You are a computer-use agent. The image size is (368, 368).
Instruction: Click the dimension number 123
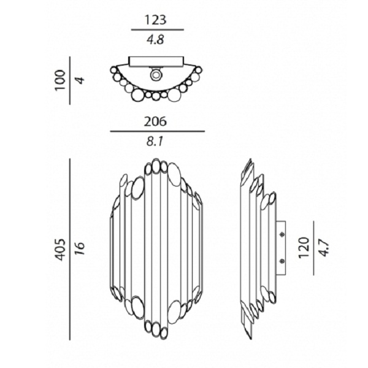pos(155,20)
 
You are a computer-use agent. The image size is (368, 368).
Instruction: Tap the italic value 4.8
pos(155,40)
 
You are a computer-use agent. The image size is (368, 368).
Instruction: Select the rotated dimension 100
pos(60,80)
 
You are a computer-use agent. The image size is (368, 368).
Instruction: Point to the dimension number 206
pos(155,121)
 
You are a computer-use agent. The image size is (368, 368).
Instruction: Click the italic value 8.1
pos(155,142)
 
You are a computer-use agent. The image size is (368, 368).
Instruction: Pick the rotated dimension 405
pos(60,250)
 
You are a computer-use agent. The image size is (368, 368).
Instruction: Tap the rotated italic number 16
pos(80,248)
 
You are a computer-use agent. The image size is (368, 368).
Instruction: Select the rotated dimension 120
pos(304,248)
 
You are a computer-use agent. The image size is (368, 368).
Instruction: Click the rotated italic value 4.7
pos(324,248)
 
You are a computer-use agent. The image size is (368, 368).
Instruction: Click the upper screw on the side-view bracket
pos(282,234)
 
